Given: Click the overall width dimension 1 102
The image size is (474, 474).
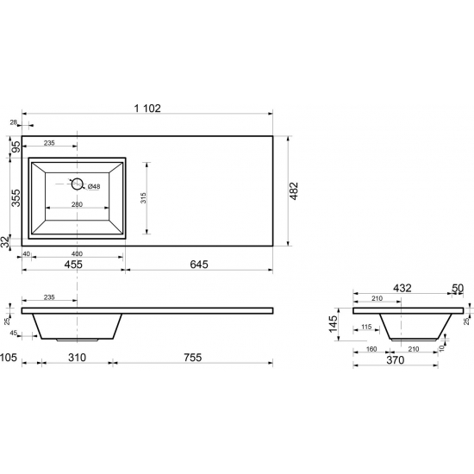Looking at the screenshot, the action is [x=147, y=108].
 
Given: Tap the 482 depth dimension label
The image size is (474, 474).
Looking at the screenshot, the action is [x=294, y=190].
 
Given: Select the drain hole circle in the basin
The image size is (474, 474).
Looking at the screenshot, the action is [x=77, y=184].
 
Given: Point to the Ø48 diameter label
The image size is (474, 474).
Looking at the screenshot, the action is [x=94, y=187].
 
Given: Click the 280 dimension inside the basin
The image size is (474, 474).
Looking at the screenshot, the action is [x=77, y=204].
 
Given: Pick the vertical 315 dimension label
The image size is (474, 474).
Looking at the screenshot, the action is [x=143, y=197].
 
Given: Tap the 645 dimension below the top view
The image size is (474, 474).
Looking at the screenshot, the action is [x=199, y=265].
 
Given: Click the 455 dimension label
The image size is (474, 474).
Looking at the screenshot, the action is [x=73, y=265].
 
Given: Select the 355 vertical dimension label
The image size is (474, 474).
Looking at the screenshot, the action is [x=16, y=198].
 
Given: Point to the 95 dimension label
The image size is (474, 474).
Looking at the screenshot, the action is [x=16, y=147].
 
